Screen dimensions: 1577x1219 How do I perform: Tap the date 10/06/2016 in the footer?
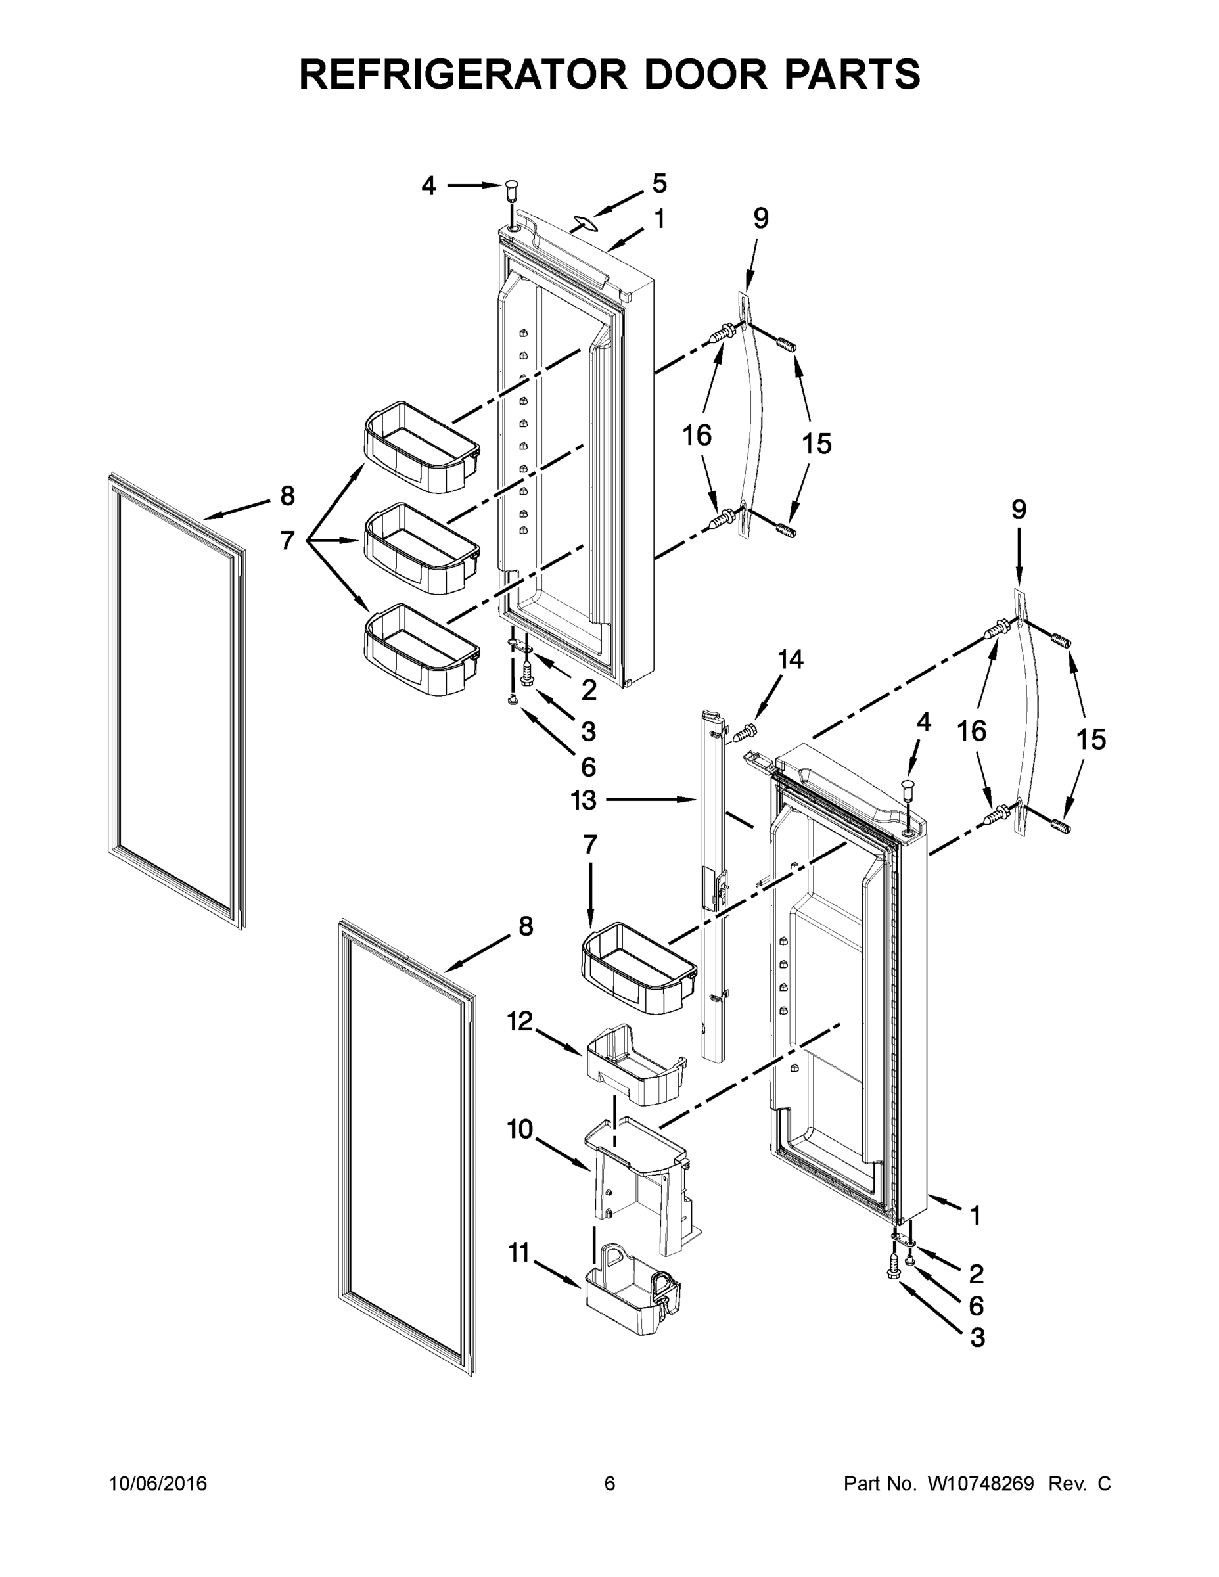tap(158, 1484)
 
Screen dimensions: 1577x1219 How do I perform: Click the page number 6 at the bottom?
tap(610, 1484)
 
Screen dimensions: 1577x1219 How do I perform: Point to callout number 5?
tap(659, 183)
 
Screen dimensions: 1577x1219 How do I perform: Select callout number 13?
tap(584, 800)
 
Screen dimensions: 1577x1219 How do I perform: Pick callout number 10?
tap(519, 1129)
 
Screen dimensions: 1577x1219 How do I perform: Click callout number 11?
tap(519, 1253)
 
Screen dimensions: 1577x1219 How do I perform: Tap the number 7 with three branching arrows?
tap(287, 539)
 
